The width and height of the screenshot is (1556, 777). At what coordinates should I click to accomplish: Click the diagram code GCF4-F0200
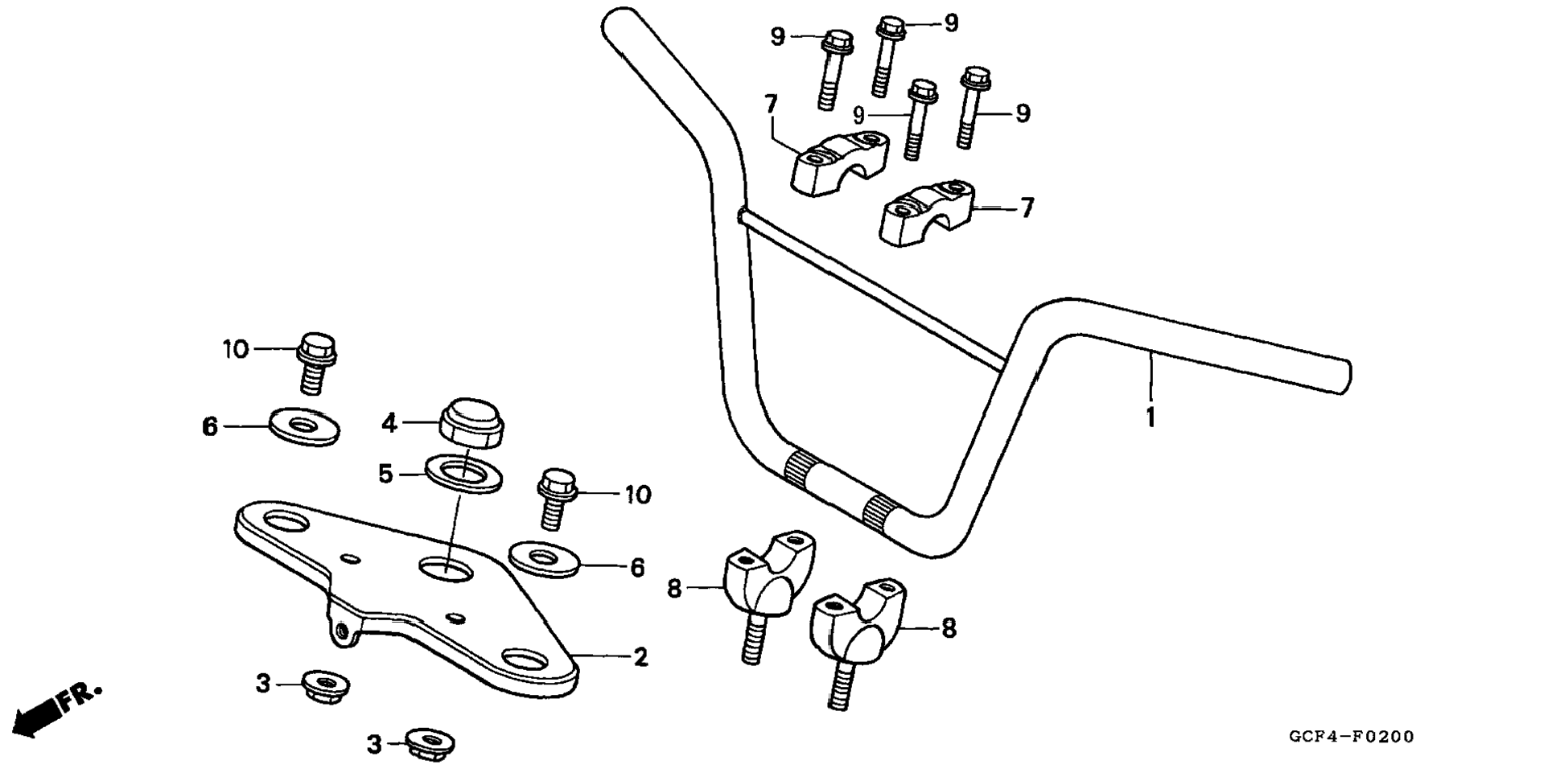[1351, 736]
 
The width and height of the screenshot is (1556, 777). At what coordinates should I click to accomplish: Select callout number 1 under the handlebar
[1151, 418]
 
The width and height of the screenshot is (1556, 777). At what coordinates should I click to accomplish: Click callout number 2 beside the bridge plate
[640, 657]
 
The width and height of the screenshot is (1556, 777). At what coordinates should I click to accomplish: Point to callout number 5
[386, 475]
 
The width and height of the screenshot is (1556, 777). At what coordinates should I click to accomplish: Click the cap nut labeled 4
[471, 421]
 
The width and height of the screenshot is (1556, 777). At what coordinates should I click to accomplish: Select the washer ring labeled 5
[464, 474]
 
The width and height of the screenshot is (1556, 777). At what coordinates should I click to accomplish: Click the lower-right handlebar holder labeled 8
[858, 642]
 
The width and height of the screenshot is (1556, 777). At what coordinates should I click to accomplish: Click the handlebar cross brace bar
[871, 289]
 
